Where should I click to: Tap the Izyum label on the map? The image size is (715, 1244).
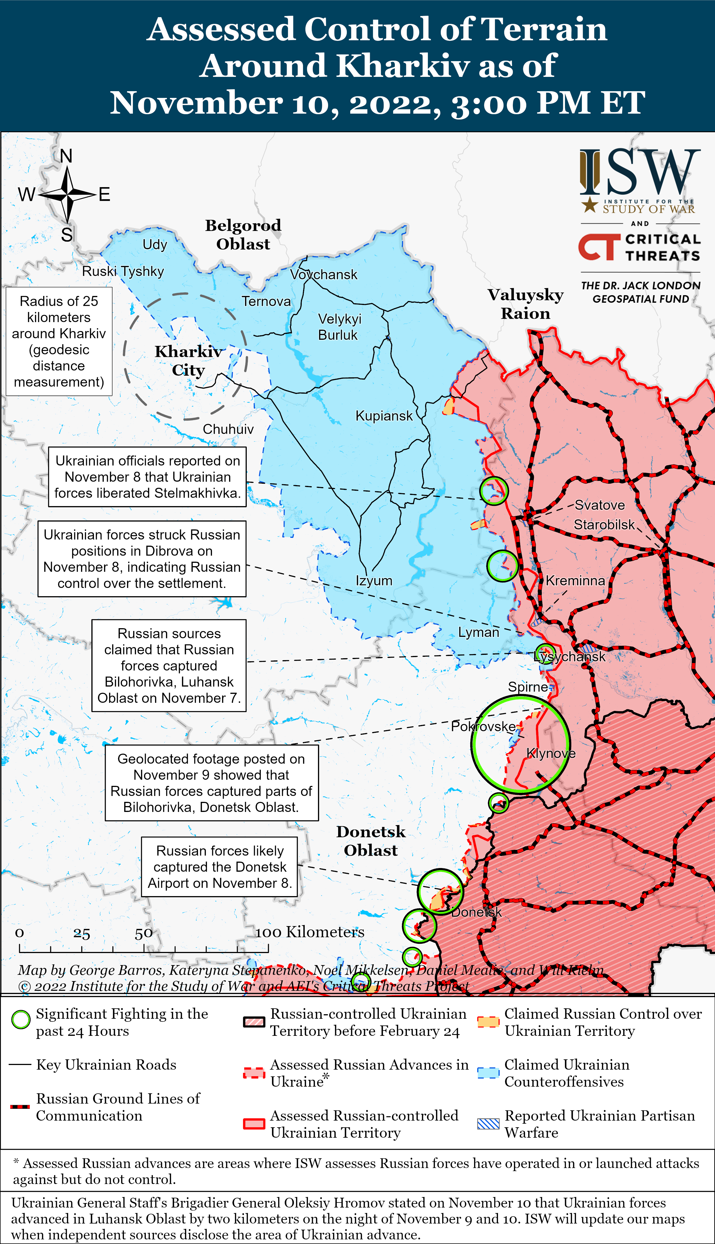pyautogui.click(x=374, y=581)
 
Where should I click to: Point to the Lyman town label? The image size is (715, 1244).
pyautogui.click(x=478, y=632)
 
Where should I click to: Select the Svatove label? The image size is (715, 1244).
pyautogui.click(x=599, y=505)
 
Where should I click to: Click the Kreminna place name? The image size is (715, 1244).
pyautogui.click(x=575, y=581)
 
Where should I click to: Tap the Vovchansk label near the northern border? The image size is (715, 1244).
pyautogui.click(x=324, y=275)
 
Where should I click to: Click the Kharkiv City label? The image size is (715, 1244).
pyautogui.click(x=188, y=361)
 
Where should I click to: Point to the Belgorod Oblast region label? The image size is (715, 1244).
pyautogui.click(x=243, y=235)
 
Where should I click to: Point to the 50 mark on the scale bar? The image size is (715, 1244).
pyautogui.click(x=143, y=933)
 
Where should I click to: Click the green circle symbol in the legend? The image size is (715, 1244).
pyautogui.click(x=21, y=1020)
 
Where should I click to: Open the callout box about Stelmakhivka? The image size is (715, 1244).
pyautogui.click(x=147, y=477)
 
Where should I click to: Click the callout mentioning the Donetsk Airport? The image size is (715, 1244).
pyautogui.click(x=220, y=867)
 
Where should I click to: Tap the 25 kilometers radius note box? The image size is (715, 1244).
pyautogui.click(x=59, y=341)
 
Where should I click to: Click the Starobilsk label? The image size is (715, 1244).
pyautogui.click(x=604, y=525)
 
